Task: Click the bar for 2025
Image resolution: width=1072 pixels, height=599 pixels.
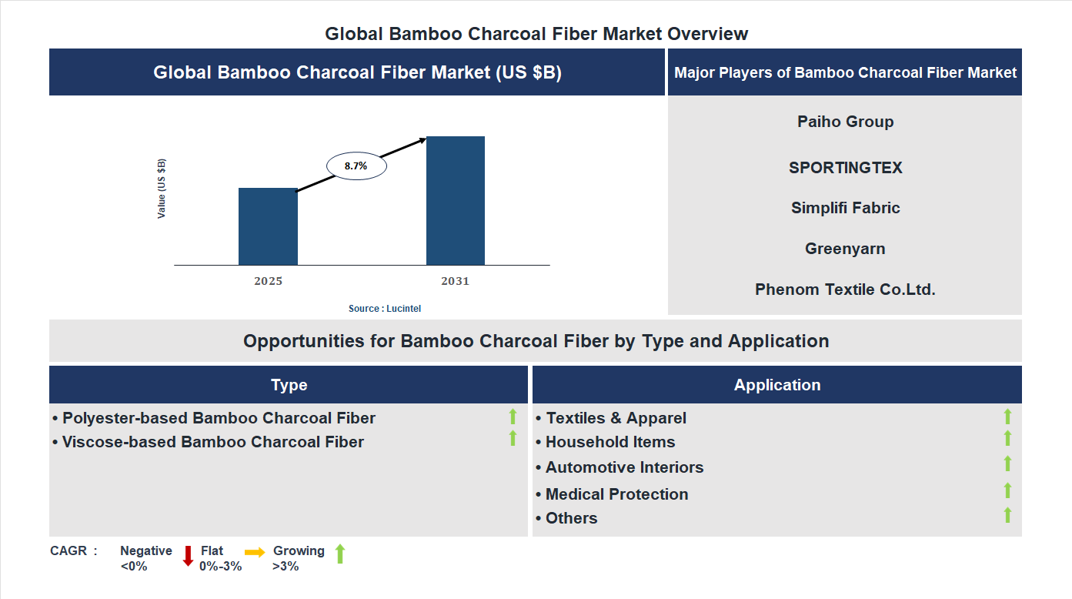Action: [x=268, y=226]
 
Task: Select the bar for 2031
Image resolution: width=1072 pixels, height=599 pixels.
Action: [x=456, y=200]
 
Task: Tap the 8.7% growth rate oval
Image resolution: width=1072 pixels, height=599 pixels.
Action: [x=356, y=166]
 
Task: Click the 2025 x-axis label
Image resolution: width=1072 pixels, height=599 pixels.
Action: [x=268, y=281]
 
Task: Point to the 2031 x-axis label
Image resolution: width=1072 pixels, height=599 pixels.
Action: [x=455, y=281]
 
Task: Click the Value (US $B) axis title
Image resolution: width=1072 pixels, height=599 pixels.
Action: [x=162, y=189]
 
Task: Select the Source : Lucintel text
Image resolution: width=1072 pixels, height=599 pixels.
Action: [x=385, y=308]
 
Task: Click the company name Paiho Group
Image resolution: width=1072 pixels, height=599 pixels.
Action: [x=845, y=122]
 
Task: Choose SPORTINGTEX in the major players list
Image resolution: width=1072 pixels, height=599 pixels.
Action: [x=845, y=168]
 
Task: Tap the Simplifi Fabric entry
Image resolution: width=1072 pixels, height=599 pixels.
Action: [x=845, y=208]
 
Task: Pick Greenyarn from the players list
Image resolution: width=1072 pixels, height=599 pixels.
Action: [x=845, y=249]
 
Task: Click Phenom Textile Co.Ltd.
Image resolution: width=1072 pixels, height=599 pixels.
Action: [x=845, y=289]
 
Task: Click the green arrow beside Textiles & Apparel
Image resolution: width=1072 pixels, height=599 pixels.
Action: [x=1007, y=417]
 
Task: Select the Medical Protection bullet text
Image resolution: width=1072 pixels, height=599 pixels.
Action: [x=616, y=494]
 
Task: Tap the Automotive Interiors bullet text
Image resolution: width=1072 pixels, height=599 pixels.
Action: [x=624, y=467]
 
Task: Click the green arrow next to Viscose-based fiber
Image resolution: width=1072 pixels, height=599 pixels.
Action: [x=513, y=438]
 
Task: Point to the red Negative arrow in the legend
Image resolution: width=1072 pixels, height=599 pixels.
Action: [x=188, y=555]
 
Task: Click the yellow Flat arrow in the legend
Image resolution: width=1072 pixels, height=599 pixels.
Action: [x=255, y=552]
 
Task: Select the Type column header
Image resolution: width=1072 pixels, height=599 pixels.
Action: [x=289, y=385]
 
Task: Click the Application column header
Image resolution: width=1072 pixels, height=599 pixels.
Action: [x=776, y=385]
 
